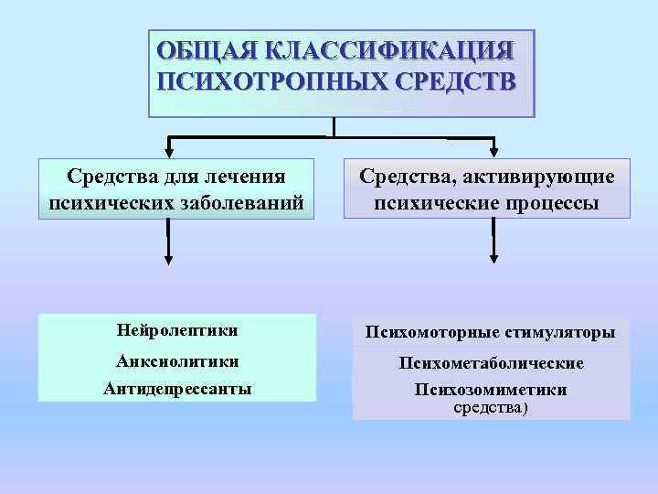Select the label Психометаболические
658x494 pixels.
click(x=491, y=363)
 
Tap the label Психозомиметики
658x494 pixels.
click(x=491, y=390)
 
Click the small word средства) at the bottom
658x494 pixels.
click(x=491, y=407)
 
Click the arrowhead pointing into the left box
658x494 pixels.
click(x=169, y=149)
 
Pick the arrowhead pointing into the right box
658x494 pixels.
click(x=493, y=149)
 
